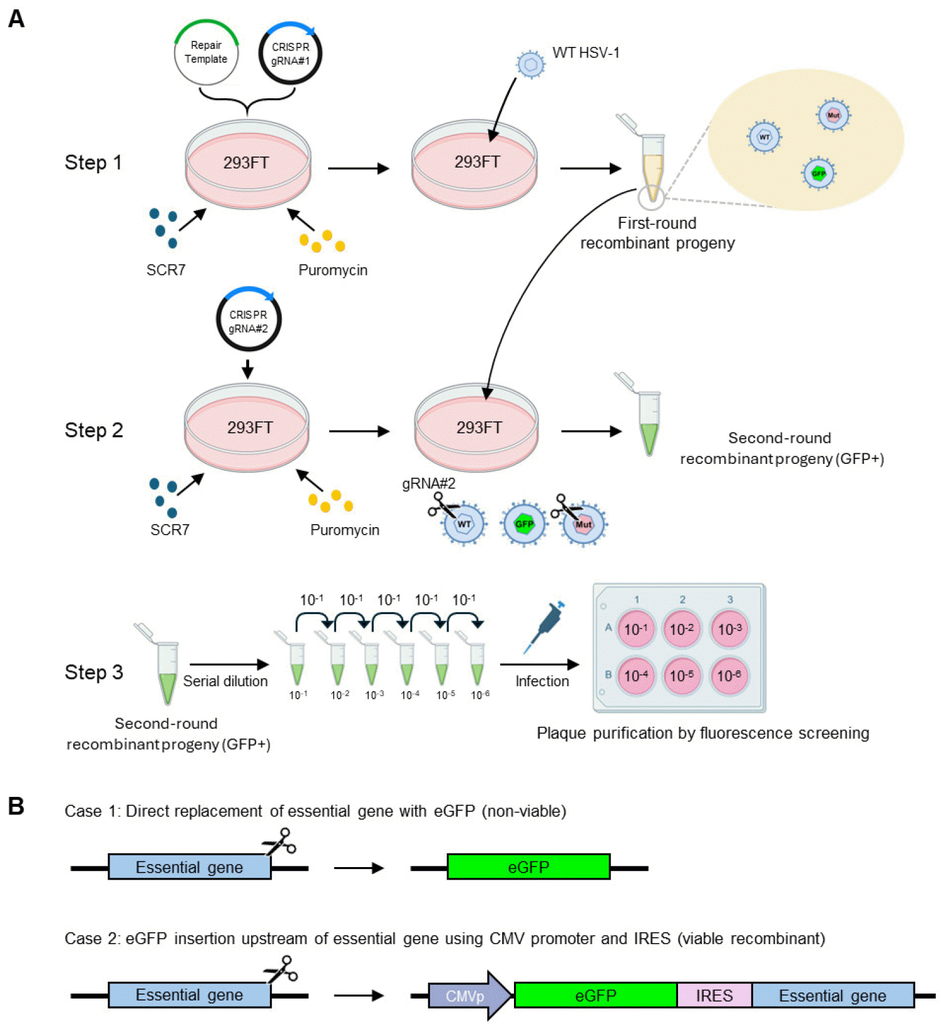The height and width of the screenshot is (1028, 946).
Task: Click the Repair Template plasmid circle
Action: click(206, 53)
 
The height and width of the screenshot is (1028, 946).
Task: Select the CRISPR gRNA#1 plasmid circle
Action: click(290, 54)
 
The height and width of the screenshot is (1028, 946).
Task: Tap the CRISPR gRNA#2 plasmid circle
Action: click(249, 321)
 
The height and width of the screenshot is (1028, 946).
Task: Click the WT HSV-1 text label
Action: click(585, 53)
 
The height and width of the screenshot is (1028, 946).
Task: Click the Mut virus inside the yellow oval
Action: click(833, 116)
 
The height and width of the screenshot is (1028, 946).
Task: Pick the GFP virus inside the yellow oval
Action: click(818, 173)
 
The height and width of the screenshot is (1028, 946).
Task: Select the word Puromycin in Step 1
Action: click(332, 270)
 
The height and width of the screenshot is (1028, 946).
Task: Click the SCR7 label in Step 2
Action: click(170, 530)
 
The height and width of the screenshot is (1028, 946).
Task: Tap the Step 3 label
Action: click(94, 672)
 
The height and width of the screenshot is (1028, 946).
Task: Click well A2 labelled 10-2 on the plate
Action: click(682, 629)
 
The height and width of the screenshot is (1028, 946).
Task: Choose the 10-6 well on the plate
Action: click(729, 676)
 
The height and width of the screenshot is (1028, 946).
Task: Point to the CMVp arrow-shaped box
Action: click(468, 995)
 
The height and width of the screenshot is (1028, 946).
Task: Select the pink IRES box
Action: click(714, 995)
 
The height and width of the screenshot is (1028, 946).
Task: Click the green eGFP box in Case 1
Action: click(528, 867)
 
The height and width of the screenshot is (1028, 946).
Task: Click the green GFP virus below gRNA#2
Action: click(524, 524)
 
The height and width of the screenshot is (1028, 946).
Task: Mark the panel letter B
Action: click(16, 806)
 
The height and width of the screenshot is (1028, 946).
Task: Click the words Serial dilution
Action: click(225, 681)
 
